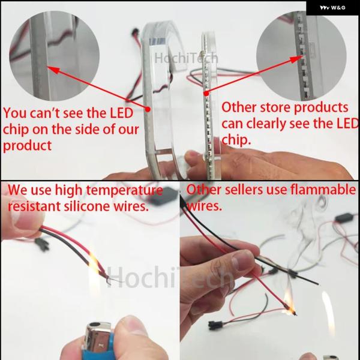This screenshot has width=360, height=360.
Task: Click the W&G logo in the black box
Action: click(x=332, y=8)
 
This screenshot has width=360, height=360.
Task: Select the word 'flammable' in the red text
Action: click(x=323, y=190)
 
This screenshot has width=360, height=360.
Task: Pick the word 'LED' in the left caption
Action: click(x=121, y=113)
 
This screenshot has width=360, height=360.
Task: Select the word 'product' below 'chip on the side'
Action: click(x=28, y=146)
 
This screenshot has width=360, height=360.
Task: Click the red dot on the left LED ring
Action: click(x=148, y=109)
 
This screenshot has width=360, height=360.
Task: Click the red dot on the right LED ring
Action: click(x=206, y=94)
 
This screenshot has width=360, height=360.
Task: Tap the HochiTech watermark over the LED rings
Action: click(x=186, y=58)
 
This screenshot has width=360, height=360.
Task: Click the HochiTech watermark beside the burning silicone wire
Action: click(x=170, y=277)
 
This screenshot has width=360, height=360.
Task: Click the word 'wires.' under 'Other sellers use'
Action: click(x=205, y=206)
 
